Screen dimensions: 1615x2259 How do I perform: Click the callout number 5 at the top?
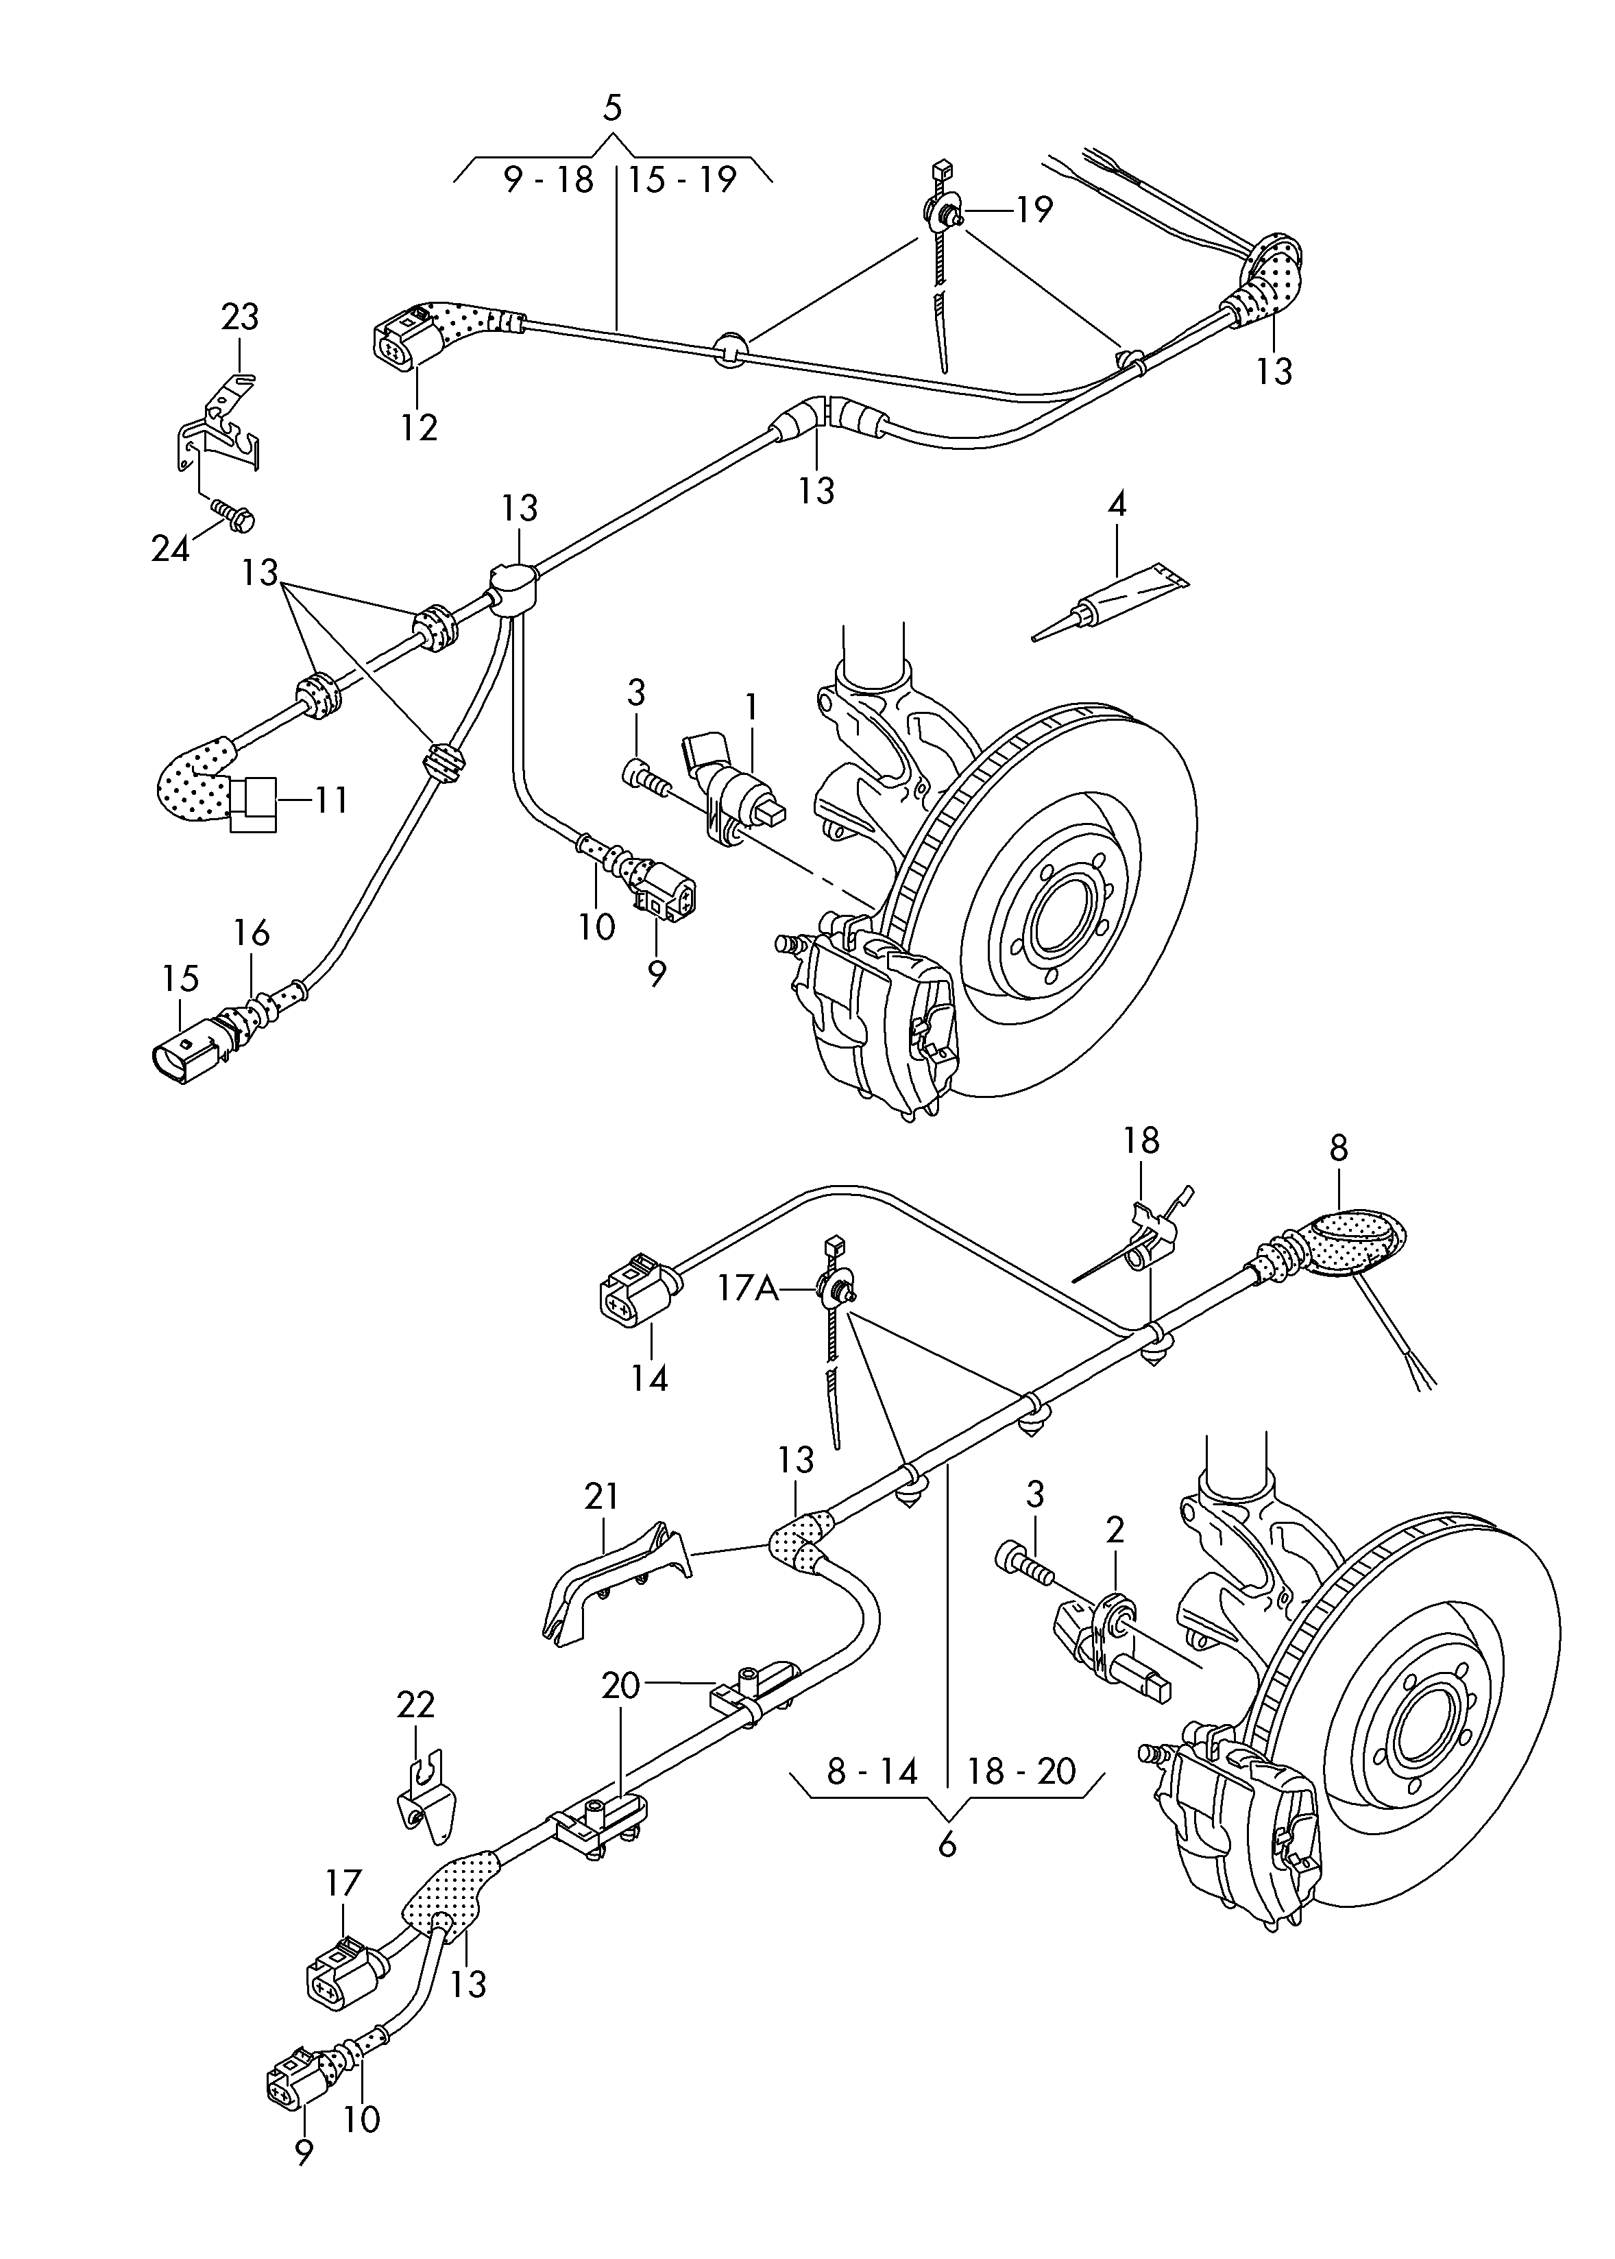click(x=613, y=108)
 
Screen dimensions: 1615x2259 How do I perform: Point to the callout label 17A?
click(x=749, y=1289)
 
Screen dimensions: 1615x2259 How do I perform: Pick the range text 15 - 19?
click(x=682, y=180)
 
